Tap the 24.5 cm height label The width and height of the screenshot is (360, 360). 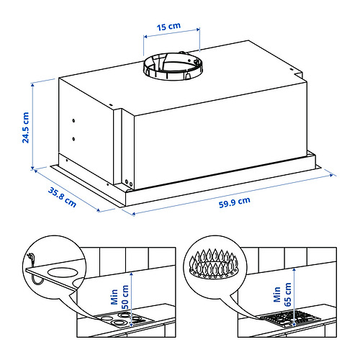point(25,127)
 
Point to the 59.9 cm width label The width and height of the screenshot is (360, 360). point(234,201)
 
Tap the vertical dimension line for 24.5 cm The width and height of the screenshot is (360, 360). point(33,126)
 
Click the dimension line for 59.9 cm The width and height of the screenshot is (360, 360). point(230,192)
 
